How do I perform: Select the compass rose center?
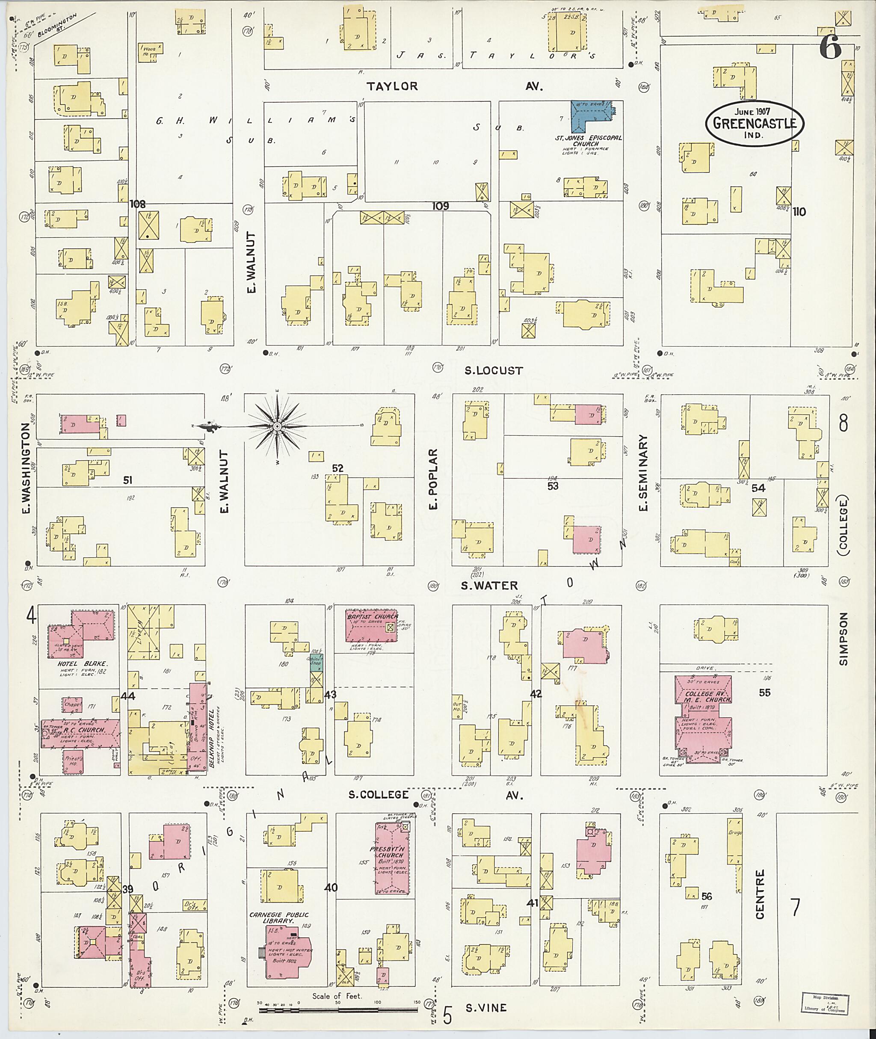tap(277, 426)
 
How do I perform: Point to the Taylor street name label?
tap(392, 86)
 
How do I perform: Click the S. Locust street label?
tap(494, 371)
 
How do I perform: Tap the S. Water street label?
tap(489, 586)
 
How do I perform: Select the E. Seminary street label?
tap(643, 474)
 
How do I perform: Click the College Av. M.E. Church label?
tap(702, 697)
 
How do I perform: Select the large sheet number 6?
tap(830, 48)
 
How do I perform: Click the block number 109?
tap(440, 206)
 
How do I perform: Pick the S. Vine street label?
tap(486, 1008)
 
